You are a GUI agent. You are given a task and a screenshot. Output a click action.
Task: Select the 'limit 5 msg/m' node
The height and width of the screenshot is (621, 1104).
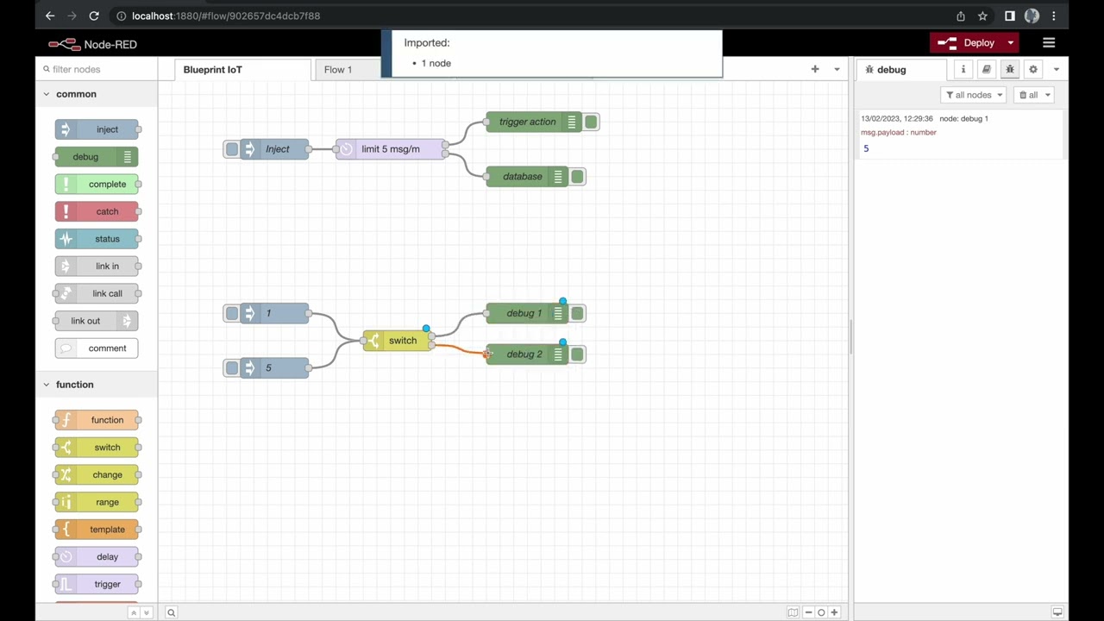(390, 149)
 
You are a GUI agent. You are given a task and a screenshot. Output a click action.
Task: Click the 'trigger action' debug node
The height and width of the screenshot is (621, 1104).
(526, 122)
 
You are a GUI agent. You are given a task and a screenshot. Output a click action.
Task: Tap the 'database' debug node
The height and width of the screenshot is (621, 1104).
(521, 177)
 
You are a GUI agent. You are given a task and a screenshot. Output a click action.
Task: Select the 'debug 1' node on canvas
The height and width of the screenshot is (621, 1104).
(522, 313)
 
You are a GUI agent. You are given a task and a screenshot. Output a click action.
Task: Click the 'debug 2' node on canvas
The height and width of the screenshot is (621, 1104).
(522, 354)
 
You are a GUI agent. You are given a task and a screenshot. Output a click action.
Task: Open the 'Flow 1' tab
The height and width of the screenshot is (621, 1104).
(338, 70)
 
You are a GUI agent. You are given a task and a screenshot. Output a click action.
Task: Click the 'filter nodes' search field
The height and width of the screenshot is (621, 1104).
(99, 69)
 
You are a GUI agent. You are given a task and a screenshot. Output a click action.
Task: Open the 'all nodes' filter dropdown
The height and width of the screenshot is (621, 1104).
(973, 95)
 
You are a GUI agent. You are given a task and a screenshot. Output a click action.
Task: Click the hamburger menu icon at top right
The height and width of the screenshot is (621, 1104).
(1049, 43)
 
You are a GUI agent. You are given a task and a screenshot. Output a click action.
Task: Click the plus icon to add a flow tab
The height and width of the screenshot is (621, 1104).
(815, 69)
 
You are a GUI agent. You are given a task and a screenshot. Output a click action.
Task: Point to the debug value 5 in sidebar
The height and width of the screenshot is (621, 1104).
(866, 149)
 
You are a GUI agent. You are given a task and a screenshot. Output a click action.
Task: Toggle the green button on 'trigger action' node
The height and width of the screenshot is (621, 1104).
(591, 122)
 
